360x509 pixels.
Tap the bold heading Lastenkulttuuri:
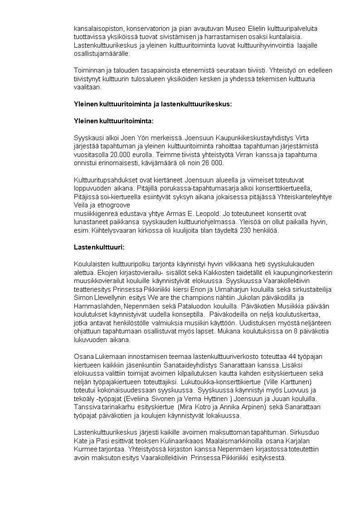tap(99, 247)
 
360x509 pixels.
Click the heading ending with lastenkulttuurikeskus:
tap(153, 104)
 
